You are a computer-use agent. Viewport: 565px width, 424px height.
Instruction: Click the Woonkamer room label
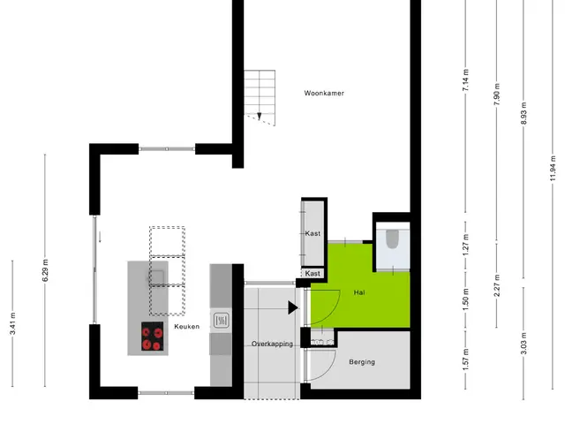pyautogui.click(x=324, y=93)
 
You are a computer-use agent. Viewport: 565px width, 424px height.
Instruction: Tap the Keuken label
pyautogui.click(x=186, y=326)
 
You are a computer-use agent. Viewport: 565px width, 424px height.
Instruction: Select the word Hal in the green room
pyautogui.click(x=359, y=292)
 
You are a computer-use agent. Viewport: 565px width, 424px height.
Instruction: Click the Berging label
pyautogui.click(x=362, y=361)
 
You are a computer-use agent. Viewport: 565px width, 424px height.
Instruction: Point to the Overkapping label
pyautogui.click(x=272, y=344)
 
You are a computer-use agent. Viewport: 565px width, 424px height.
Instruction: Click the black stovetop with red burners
pyautogui.click(x=153, y=336)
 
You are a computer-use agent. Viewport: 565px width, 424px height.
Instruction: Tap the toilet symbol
pyautogui.click(x=392, y=238)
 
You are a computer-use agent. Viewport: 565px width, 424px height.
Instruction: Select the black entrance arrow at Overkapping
pyautogui.click(x=293, y=308)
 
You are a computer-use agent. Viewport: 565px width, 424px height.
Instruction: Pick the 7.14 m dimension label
pyautogui.click(x=465, y=79)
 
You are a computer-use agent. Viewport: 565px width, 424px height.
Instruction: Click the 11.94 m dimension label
pyautogui.click(x=553, y=169)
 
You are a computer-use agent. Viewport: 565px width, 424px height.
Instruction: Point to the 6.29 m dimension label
pyautogui.click(x=45, y=270)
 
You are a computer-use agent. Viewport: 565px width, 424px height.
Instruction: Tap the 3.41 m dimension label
pyautogui.click(x=12, y=323)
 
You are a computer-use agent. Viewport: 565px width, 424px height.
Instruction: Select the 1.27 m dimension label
pyautogui.click(x=465, y=245)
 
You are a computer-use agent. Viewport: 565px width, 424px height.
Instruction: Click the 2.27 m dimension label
pyautogui.click(x=496, y=285)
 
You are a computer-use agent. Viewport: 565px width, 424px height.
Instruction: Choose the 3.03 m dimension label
pyautogui.click(x=524, y=343)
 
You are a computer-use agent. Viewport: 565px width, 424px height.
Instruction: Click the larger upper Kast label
pyautogui.click(x=313, y=233)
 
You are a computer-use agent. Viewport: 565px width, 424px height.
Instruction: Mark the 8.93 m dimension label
pyautogui.click(x=524, y=114)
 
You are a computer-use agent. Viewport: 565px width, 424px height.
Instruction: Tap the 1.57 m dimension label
pyautogui.click(x=465, y=360)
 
